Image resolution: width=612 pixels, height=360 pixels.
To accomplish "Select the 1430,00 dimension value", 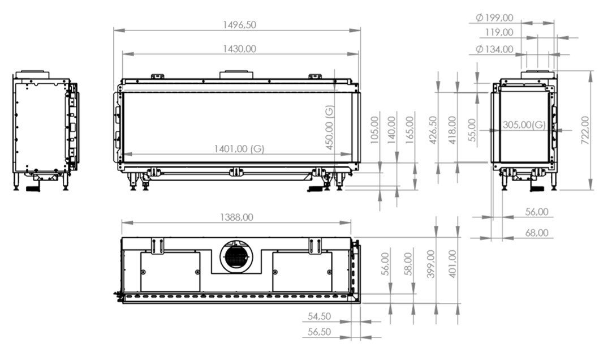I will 239,49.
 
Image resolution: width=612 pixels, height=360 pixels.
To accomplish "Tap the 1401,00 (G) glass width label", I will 239,149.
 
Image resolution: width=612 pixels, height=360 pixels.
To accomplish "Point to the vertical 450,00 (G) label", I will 330,127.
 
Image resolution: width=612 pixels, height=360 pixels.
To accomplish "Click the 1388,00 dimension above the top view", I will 236,217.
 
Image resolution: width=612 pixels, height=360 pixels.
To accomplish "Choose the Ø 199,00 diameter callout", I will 495,18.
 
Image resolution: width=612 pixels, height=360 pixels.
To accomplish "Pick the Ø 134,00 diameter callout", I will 495,49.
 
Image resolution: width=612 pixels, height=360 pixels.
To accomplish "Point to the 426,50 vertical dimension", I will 433,131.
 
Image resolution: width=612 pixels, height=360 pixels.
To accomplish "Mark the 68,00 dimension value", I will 536,232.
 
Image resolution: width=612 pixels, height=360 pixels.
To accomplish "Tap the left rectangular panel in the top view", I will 170,272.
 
